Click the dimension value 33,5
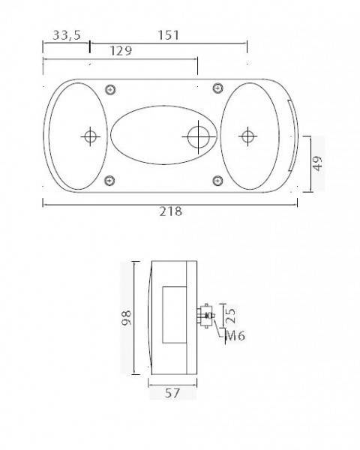[x=67, y=35]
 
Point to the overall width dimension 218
[x=170, y=211]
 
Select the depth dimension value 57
[x=172, y=392]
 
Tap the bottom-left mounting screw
[x=111, y=180]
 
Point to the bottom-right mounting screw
[x=218, y=180]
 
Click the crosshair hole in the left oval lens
[x=90, y=136]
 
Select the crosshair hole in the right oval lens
[x=247, y=136]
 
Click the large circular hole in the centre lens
[x=198, y=136]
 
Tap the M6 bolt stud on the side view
[x=206, y=316]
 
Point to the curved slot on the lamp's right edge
[x=291, y=136]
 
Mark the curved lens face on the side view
[x=148, y=317]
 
